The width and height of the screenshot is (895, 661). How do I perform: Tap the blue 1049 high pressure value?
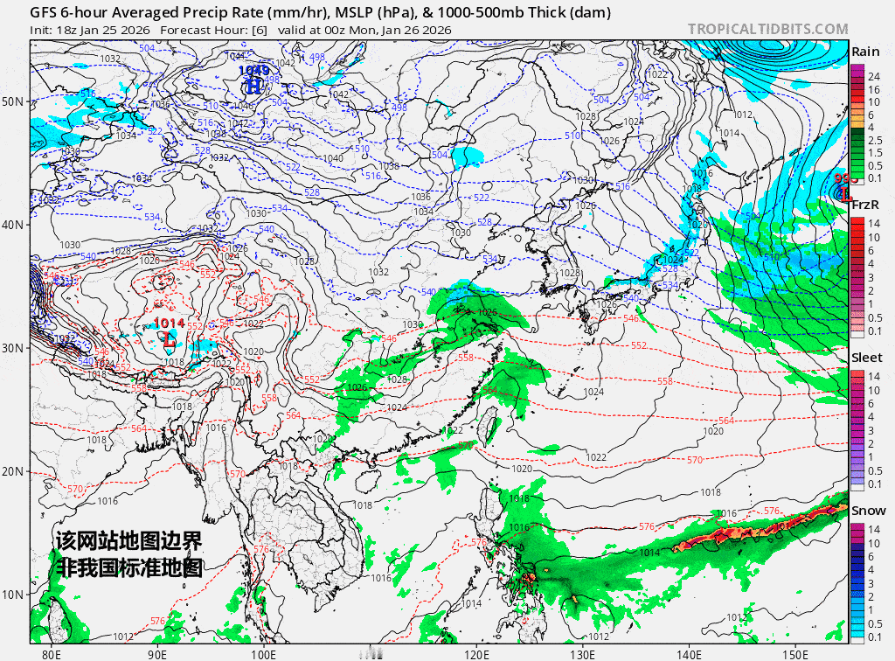(x=253, y=70)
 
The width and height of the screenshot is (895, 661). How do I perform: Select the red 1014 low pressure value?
(x=170, y=324)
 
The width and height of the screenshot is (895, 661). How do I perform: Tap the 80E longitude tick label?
(x=52, y=653)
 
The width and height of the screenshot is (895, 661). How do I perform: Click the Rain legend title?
(x=865, y=52)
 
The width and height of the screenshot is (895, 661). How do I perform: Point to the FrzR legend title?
(x=865, y=205)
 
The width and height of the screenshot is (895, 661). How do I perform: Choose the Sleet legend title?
(x=865, y=358)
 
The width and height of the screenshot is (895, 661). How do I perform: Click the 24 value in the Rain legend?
(x=873, y=78)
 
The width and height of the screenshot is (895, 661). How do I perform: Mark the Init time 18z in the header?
(x=67, y=30)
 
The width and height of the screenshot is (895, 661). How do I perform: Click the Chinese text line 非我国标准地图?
(x=129, y=567)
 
